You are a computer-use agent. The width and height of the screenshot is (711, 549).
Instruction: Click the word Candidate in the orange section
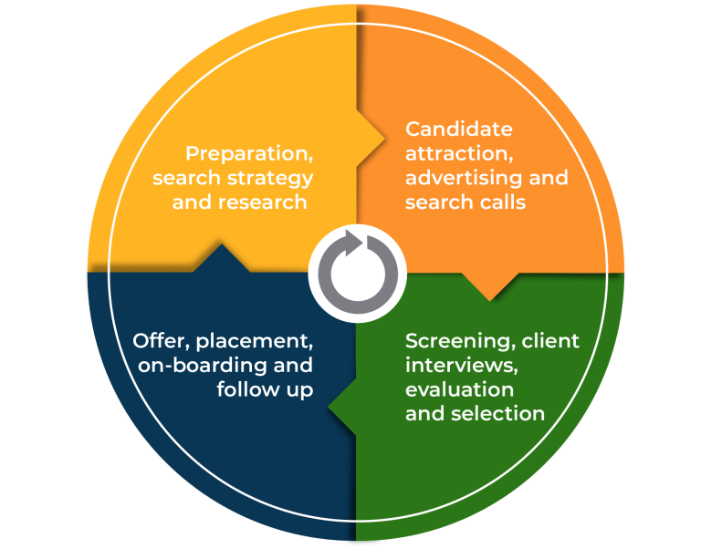point(459,129)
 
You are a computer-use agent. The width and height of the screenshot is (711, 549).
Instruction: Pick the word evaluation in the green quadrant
point(459,389)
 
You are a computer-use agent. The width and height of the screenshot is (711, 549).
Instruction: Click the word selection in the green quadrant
point(498,413)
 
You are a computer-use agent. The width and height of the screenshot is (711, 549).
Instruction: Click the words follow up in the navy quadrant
point(265,389)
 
